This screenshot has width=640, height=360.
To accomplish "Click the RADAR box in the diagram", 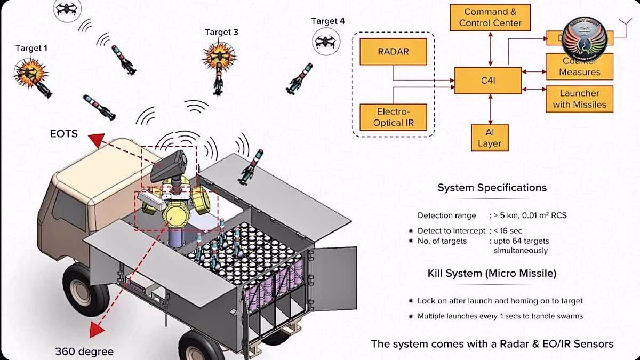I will click(x=394, y=52).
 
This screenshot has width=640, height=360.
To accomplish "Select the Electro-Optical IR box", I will click(x=394, y=117).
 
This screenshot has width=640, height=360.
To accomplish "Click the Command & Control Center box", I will click(x=490, y=17).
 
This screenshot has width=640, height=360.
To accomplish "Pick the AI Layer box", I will click(x=489, y=138).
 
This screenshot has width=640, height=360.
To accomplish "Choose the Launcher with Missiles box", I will click(x=579, y=99).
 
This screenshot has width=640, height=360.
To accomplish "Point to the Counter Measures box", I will click(x=579, y=66).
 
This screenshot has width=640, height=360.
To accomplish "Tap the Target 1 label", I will click(x=31, y=48).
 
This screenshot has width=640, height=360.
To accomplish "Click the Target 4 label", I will click(x=328, y=21).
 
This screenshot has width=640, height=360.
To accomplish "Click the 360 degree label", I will click(x=84, y=351).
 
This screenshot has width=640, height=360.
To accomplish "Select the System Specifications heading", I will click(x=492, y=188).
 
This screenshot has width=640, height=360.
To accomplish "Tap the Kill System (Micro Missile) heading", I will click(x=492, y=274).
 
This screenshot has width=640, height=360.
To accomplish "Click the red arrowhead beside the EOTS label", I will click(x=97, y=141).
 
